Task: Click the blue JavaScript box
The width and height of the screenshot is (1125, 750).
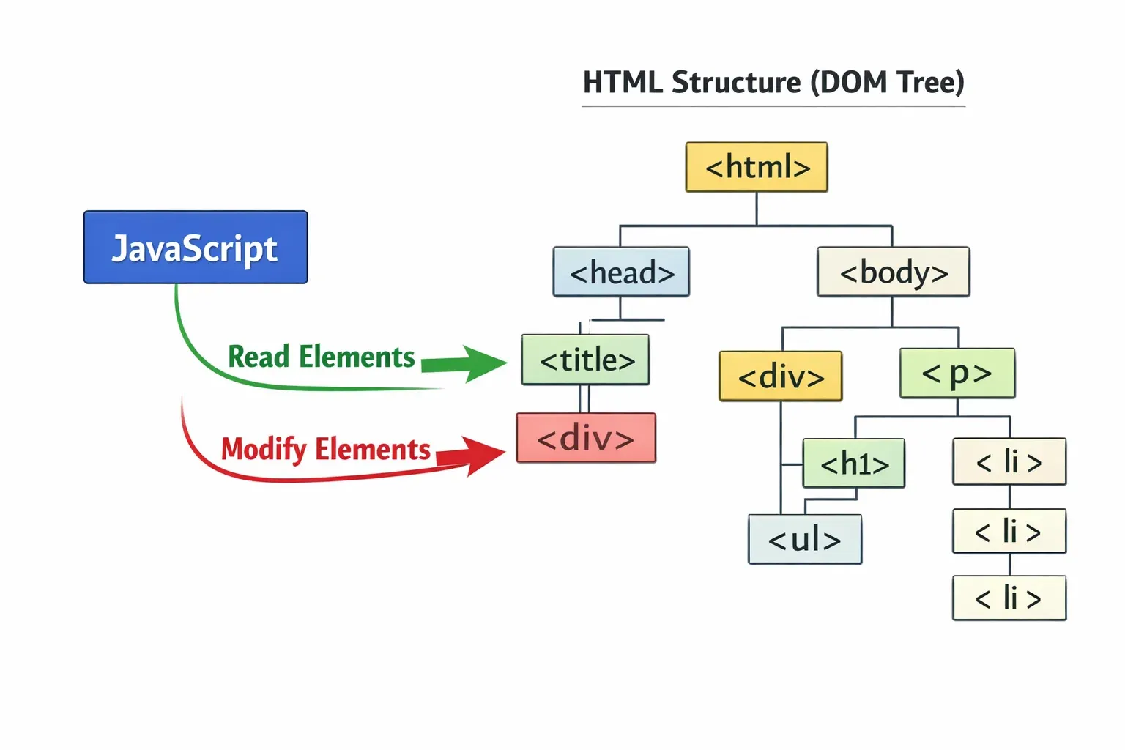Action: [x=196, y=248]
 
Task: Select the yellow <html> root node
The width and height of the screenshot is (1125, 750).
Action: [x=757, y=168]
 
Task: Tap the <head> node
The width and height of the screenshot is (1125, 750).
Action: [x=621, y=272]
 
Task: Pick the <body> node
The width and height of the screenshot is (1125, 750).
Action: [x=894, y=272]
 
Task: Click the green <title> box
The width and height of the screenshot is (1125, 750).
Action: [x=586, y=360]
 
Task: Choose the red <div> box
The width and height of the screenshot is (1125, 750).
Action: [x=586, y=438]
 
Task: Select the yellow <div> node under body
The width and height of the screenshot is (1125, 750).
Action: [x=781, y=376]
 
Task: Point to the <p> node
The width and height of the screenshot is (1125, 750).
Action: [x=957, y=374]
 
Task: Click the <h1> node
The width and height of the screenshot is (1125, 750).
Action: [x=854, y=464]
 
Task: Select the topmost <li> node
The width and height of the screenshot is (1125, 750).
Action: [x=1009, y=462]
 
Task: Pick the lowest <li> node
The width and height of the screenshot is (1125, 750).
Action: [x=1009, y=598]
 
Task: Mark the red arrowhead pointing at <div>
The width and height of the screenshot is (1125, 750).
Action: [x=482, y=454]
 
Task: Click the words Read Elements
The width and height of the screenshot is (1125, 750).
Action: [x=322, y=357]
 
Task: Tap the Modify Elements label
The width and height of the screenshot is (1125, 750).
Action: [x=326, y=449]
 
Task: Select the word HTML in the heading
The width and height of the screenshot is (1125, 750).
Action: [x=623, y=83]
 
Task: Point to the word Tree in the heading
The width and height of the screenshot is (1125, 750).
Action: [x=927, y=83]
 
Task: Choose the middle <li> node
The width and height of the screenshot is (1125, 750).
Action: [x=1009, y=531]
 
